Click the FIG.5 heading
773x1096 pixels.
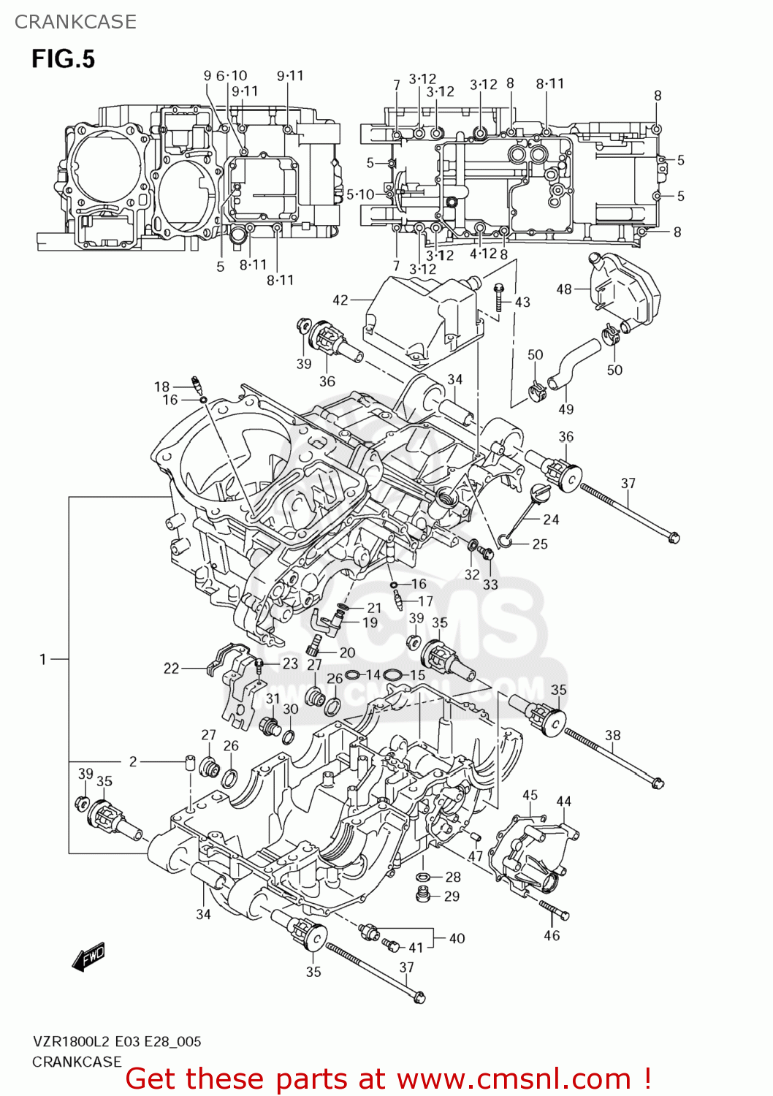(x=63, y=58)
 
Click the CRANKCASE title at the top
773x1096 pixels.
(x=75, y=22)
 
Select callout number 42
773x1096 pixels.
(x=340, y=300)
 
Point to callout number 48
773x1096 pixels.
(x=564, y=289)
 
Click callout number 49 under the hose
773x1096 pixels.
(x=566, y=409)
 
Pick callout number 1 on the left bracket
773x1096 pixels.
(x=43, y=659)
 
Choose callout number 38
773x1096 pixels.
(x=612, y=735)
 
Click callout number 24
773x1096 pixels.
(x=551, y=520)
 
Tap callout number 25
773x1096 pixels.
(x=540, y=544)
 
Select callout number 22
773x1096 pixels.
(x=171, y=668)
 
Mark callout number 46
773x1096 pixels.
(x=552, y=935)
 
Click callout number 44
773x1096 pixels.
(x=564, y=802)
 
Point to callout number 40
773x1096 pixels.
(x=457, y=938)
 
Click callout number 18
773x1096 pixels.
(x=161, y=387)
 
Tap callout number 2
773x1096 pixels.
(x=133, y=761)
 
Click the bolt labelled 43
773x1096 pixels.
(x=499, y=296)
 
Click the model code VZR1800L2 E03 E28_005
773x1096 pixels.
(x=116, y=1041)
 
